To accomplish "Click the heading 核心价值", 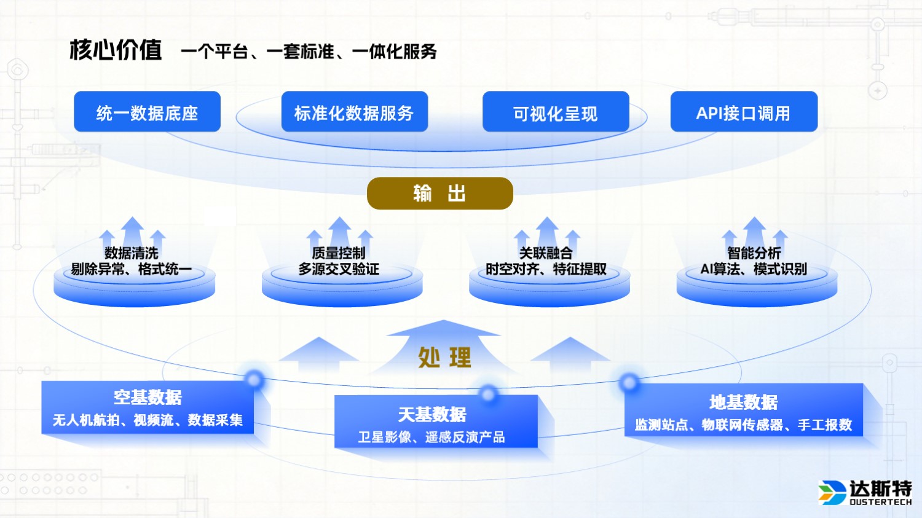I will pos(116,50).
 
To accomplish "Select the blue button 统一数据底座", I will pos(147,112).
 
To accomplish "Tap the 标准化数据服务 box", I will pos(354,112).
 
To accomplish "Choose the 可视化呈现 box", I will pos(556,113).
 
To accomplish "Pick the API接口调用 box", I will pos(744,112).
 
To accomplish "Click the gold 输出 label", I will pos(439,194).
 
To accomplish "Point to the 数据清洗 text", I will pos(131,253).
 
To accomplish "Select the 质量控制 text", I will pos(339,253).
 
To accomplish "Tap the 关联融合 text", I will pos(546,253).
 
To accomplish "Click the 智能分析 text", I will pos(754,253).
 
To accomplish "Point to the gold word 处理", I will pos(444,357).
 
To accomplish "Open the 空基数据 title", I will pos(148,398).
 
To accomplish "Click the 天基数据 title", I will pos(432,415).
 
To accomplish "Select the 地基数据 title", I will pos(744,402).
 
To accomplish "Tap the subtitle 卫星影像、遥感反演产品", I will pos(431,437).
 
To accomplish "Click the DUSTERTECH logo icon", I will pos(832,492).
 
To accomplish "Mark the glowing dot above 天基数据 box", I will pos(488,394).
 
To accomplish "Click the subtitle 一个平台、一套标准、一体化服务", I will pos(309,52).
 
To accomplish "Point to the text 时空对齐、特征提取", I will pos(546,269).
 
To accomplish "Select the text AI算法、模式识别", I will pos(754,269).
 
